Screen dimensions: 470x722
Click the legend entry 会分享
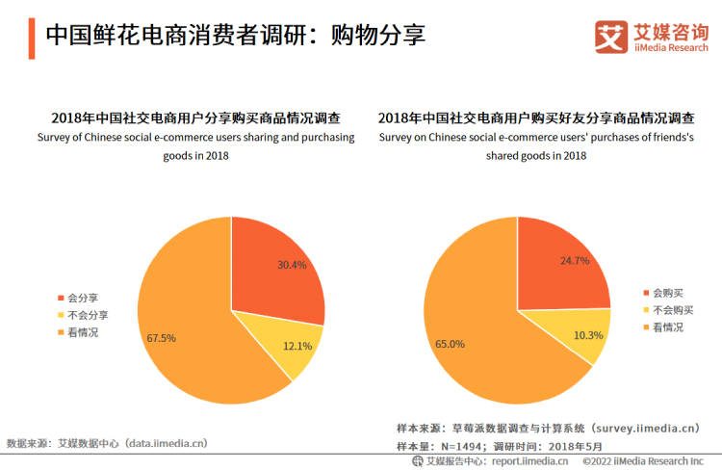click(81, 297)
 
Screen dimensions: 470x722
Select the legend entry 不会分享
click(86, 315)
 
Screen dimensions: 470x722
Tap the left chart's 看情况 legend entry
click(81, 332)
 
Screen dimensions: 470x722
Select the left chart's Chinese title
click(195, 119)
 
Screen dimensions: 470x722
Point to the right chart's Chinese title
click(536, 119)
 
